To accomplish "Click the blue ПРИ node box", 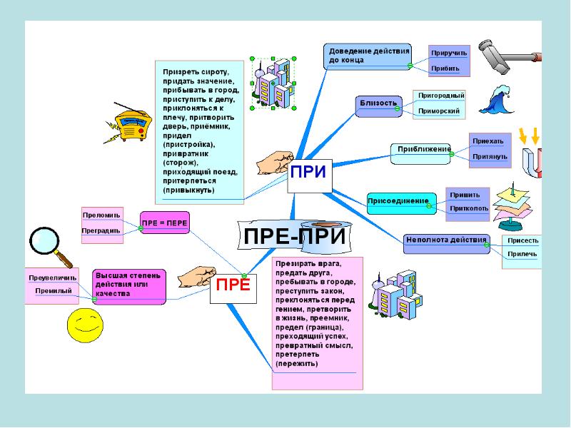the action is click(310, 175).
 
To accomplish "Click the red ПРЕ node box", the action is click(233, 289).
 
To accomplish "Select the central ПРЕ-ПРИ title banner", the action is click(294, 236).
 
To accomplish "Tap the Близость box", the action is click(379, 106).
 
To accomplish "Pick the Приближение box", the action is click(421, 153).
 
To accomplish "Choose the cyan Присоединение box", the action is click(402, 203).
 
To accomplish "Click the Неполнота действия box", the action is click(447, 244).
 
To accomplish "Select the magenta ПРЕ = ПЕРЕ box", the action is click(165, 223).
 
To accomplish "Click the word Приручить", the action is click(449, 53).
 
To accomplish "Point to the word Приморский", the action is click(439, 111).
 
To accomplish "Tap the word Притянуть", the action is click(490, 157).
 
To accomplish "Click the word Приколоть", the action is click(469, 208).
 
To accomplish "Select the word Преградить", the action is click(101, 230).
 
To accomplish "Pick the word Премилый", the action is click(54, 291).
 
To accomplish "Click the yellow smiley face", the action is click(85, 325).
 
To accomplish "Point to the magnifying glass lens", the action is click(44, 240).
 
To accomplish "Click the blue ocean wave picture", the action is click(495, 99).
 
